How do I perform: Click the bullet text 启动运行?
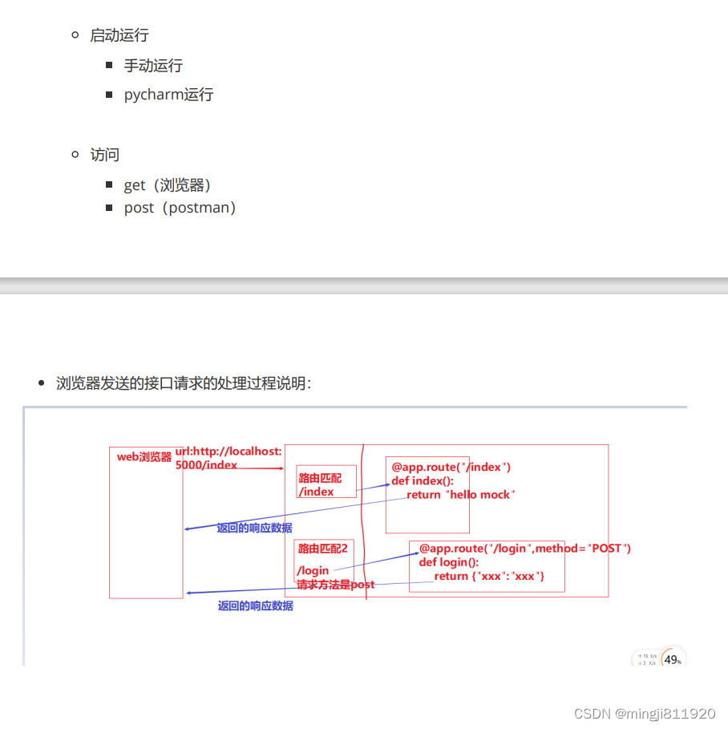click(119, 35)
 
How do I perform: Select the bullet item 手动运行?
click(152, 65)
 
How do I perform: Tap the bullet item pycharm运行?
click(168, 95)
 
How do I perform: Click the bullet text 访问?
click(104, 155)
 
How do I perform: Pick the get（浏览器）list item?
click(168, 185)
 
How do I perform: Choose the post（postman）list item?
click(180, 208)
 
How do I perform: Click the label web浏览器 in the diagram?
click(144, 457)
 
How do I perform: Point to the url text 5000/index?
click(206, 465)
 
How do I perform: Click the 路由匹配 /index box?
click(326, 482)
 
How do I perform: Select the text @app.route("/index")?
click(451, 467)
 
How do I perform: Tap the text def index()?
click(423, 481)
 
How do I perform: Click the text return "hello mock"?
click(460, 495)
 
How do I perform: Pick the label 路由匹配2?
click(323, 549)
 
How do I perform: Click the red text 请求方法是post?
click(335, 585)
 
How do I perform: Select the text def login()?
click(448, 562)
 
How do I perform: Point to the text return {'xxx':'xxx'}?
click(489, 577)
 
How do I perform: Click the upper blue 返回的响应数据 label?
click(254, 529)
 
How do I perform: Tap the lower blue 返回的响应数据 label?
click(255, 606)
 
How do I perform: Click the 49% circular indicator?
click(673, 660)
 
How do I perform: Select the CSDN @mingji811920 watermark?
click(645, 713)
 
